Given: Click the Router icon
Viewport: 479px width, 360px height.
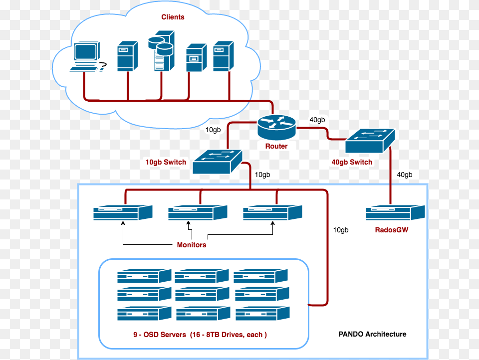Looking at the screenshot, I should pyautogui.click(x=277, y=128).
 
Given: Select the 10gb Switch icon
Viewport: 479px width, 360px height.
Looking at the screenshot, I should pyautogui.click(x=217, y=162).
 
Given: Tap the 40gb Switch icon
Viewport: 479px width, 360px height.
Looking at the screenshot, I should pyautogui.click(x=370, y=141).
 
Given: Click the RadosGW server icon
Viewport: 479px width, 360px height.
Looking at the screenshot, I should pyautogui.click(x=395, y=213).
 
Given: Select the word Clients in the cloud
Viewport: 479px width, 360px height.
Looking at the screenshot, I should pyautogui.click(x=173, y=17).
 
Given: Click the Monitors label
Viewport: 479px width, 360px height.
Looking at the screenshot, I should pyautogui.click(x=191, y=245).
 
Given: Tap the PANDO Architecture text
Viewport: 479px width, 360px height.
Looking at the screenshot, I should pyautogui.click(x=372, y=334).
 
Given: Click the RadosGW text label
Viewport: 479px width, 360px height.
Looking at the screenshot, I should pyautogui.click(x=392, y=230).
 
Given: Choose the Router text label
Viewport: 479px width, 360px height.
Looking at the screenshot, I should pyautogui.click(x=276, y=146).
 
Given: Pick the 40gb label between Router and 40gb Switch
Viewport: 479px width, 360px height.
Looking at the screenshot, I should pyautogui.click(x=317, y=120).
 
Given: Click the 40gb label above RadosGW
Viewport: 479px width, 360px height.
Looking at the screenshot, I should pyautogui.click(x=404, y=175).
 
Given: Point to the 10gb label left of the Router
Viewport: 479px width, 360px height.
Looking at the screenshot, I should pyautogui.click(x=213, y=130).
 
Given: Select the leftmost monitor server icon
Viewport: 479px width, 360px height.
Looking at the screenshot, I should pyautogui.click(x=123, y=213).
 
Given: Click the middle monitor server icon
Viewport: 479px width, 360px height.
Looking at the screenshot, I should pyautogui.click(x=198, y=213).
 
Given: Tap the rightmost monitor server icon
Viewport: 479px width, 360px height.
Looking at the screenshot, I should pyautogui.click(x=272, y=213).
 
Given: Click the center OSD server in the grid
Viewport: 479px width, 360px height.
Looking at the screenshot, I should pyautogui.click(x=203, y=294).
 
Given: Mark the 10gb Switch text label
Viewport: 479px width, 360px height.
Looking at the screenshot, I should pyautogui.click(x=166, y=162).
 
